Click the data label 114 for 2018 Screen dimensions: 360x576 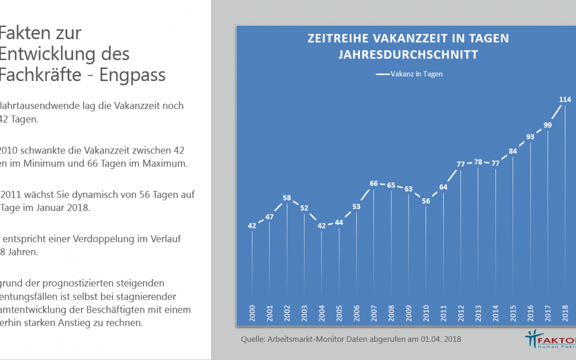[565, 99]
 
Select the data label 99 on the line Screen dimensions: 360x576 [548, 125]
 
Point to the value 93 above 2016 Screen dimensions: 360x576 [530, 137]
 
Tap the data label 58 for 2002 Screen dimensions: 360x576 [287, 198]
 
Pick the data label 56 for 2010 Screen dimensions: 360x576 [426, 201]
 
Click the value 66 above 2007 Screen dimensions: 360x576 [374, 183]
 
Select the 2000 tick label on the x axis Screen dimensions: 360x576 [252, 313]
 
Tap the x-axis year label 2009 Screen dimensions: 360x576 [409, 313]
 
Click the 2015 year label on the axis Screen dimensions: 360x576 [513, 313]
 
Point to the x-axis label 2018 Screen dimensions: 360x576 [565, 313]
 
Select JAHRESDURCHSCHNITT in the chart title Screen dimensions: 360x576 [409, 54]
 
